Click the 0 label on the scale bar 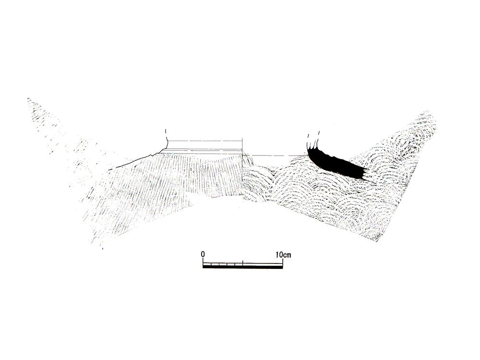click(203, 254)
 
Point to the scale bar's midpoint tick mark click(243, 262)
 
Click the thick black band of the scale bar click(243, 267)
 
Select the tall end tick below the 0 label click(203, 262)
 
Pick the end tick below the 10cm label click(283, 263)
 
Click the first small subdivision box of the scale click(207, 264)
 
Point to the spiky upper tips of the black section click(313, 147)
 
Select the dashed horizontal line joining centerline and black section click(275, 156)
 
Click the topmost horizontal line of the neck click(205, 141)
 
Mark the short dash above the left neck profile click(165, 131)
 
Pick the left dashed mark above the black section click(308, 135)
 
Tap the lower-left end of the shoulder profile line click(108, 170)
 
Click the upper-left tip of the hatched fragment click(28, 98)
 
